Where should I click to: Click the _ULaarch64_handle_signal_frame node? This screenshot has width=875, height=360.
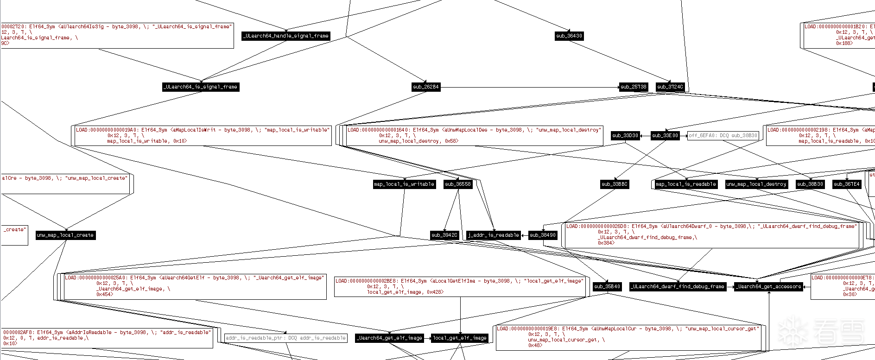(286, 36)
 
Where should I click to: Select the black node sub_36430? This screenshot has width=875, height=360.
(569, 36)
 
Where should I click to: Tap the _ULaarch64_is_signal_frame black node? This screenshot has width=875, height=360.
(201, 87)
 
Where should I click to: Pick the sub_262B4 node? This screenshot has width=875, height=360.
(426, 87)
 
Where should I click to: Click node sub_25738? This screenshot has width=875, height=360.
(634, 87)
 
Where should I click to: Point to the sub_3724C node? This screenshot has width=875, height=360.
(670, 87)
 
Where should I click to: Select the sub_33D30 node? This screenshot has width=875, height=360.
(625, 136)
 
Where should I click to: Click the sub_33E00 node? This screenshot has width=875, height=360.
(665, 136)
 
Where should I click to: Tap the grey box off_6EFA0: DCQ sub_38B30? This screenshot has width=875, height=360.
(723, 136)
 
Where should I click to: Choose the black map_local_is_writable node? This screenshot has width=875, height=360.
(404, 184)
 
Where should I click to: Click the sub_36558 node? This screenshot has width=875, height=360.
(458, 184)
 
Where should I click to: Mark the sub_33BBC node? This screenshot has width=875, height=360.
(615, 184)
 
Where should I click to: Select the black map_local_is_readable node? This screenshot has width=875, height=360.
(686, 184)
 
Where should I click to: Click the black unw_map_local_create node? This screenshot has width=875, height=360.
(65, 235)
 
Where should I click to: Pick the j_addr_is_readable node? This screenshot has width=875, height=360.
(494, 235)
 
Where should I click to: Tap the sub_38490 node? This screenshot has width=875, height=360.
(543, 235)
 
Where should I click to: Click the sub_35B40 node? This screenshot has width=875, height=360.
(607, 287)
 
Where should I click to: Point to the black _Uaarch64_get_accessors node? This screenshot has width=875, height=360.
(769, 287)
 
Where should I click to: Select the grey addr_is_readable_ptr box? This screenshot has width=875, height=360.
(286, 338)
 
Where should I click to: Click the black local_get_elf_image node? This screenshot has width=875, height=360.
(460, 338)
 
